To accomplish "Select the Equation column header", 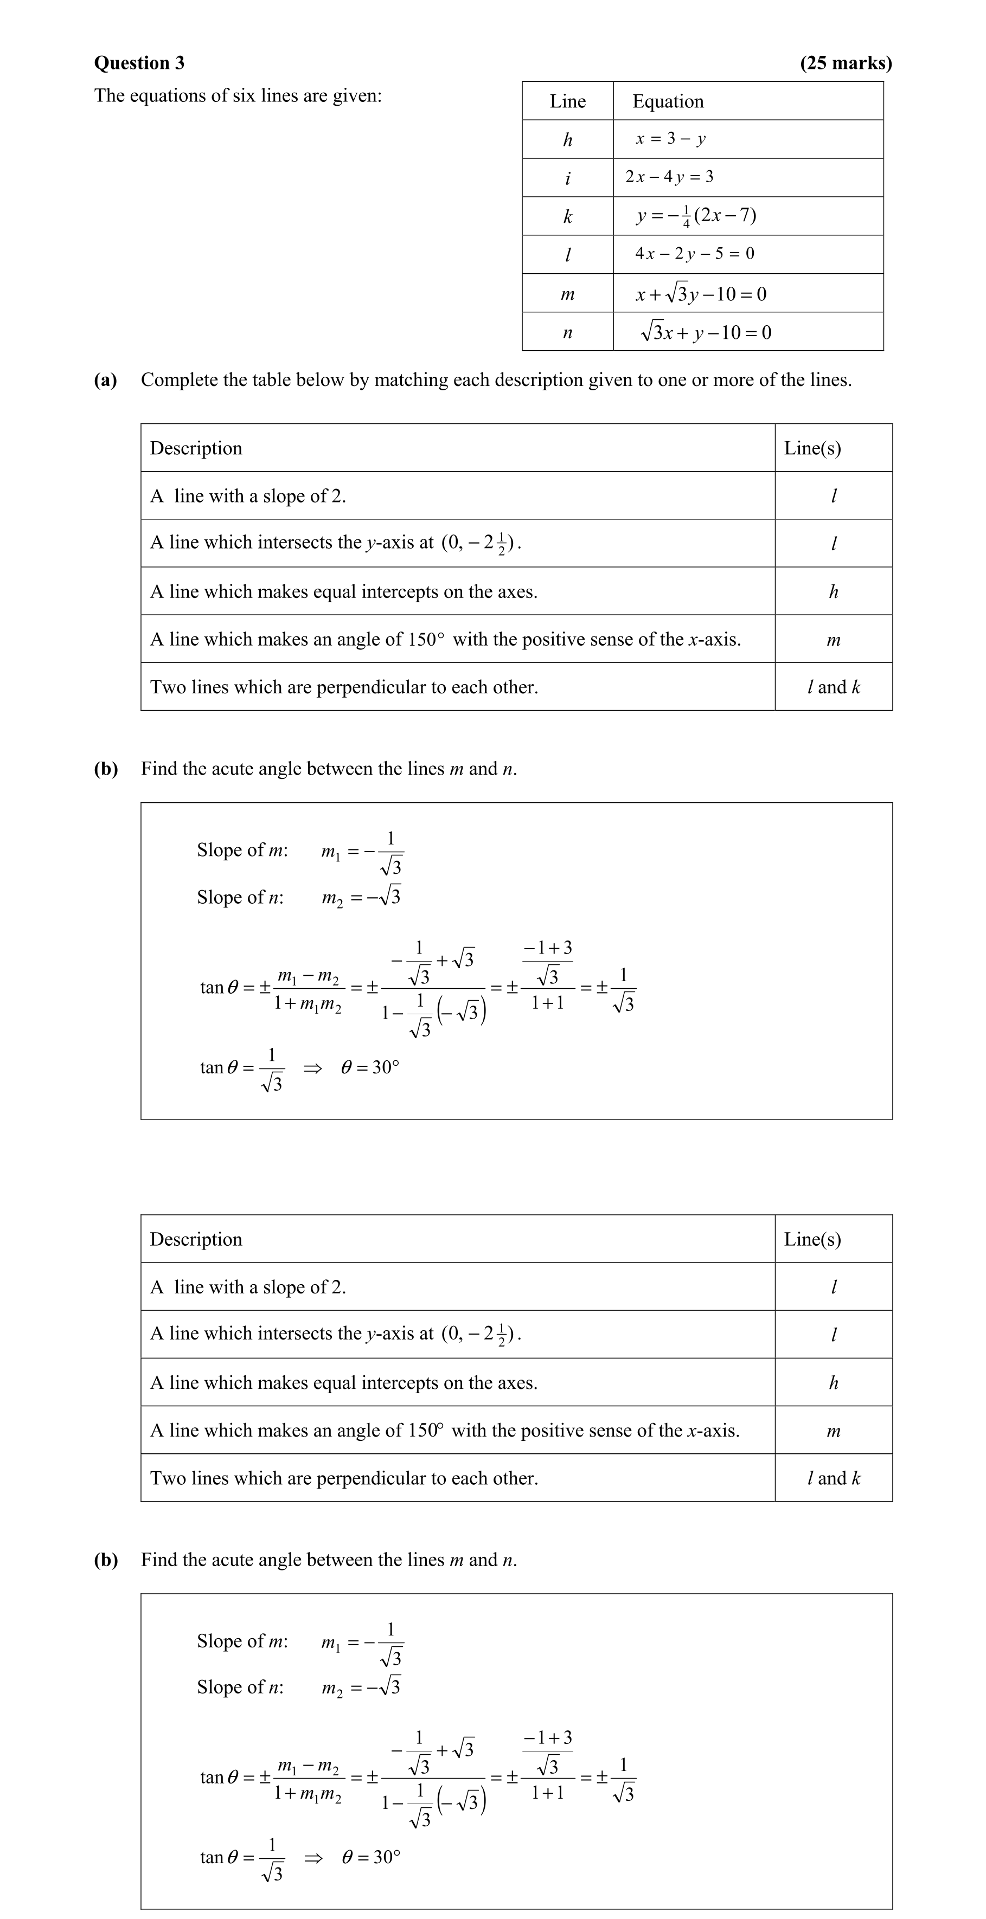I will tap(668, 101).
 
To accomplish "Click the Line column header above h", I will tap(567, 101).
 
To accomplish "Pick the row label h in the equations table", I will tap(567, 139).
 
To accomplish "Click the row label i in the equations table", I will tap(567, 178).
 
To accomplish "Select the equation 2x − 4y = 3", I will tap(669, 177).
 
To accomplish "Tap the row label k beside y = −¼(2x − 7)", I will tap(567, 217).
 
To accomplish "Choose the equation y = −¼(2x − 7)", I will tap(696, 216).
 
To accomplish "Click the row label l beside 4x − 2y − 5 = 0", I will tap(567, 255).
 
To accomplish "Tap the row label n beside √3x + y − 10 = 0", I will tap(567, 332).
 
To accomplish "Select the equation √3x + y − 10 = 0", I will tap(705, 332).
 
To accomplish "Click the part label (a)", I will tap(105, 380).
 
